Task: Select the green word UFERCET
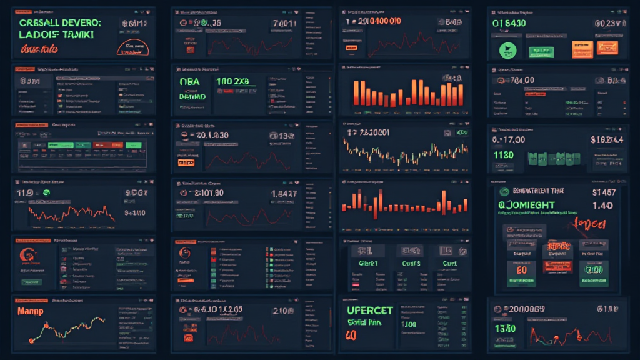coord(370,310)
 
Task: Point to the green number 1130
coord(505,155)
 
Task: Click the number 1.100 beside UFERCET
coord(409,325)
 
